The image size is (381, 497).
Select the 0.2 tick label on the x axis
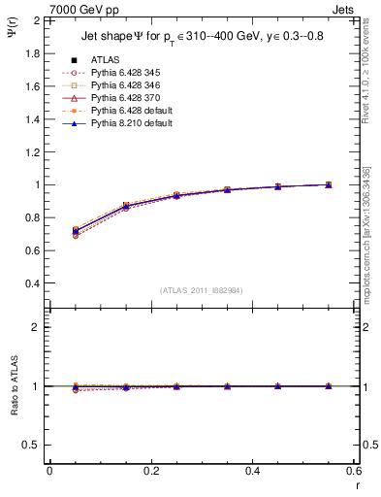point(150,470)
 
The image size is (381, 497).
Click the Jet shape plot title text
point(204,39)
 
